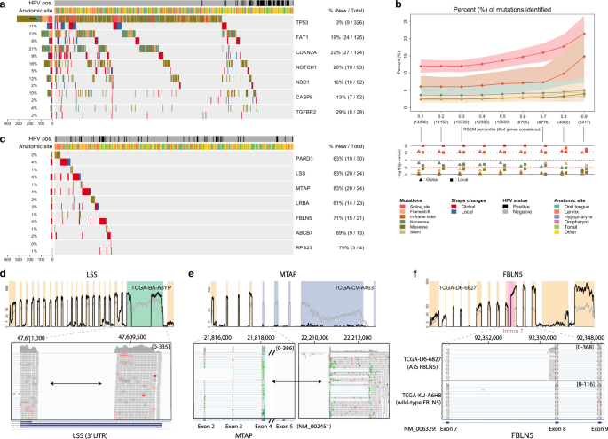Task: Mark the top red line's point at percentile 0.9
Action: pos(584,34)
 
